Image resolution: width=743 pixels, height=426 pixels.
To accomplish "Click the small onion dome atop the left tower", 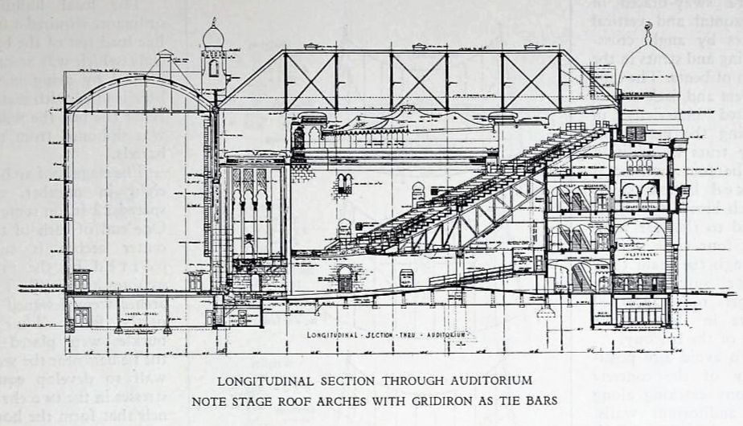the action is (x=212, y=35).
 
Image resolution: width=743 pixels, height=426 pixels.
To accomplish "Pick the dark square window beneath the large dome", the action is (x=635, y=133).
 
